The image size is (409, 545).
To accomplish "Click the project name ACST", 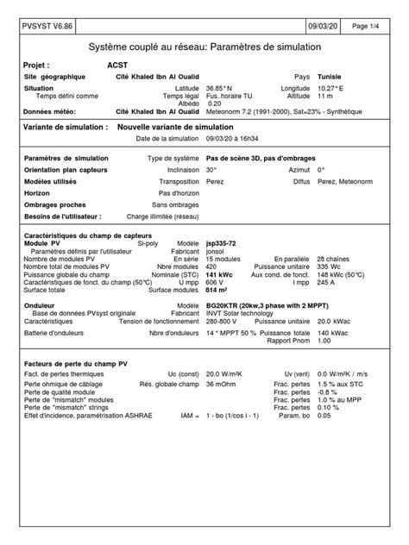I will click(x=116, y=65).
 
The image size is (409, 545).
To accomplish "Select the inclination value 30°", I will click(x=211, y=170).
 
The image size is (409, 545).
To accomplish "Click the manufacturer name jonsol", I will click(x=217, y=251).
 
